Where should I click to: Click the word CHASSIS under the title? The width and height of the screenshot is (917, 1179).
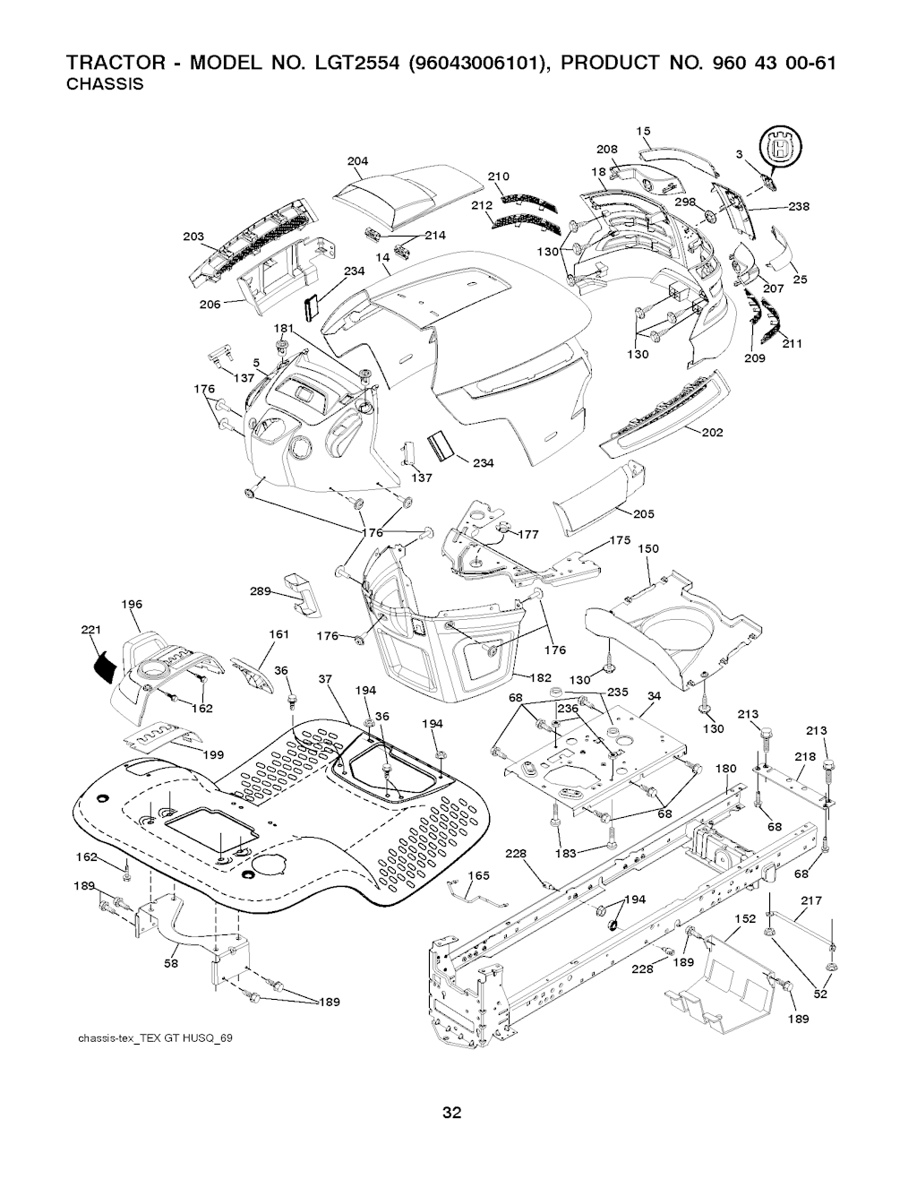point(107,85)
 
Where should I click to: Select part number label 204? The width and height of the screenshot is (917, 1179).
point(357,161)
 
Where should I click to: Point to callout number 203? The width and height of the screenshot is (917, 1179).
point(193,237)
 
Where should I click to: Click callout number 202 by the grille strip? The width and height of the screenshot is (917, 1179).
point(712,433)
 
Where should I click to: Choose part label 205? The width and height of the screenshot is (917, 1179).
point(643,513)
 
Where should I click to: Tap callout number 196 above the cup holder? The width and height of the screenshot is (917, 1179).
point(131,604)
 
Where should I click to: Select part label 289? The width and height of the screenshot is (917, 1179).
point(261,591)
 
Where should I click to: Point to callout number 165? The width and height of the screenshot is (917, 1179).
point(479,875)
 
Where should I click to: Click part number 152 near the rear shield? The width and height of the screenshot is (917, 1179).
point(745,919)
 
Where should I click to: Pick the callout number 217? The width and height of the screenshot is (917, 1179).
point(811,901)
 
